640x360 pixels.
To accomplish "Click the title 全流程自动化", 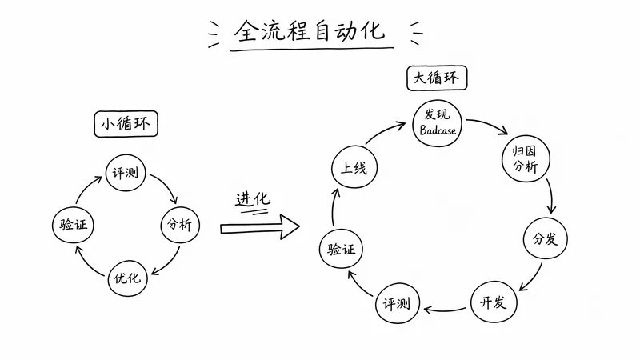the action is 310,31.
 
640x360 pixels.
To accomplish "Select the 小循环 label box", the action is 126,124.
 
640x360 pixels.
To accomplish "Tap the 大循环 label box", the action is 437,78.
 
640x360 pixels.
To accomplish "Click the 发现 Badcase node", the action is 437,123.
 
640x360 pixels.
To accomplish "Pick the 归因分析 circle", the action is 526,158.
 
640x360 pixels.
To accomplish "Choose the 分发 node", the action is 546,238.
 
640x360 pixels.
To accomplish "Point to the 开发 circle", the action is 494,302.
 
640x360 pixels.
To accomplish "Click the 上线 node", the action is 354,167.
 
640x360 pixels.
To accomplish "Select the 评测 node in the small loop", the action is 126,173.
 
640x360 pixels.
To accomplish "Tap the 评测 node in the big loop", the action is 397,303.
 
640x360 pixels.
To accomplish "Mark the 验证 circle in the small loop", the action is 73,225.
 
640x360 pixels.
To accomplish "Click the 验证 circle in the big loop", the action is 341,249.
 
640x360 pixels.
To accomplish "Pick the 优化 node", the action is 127,278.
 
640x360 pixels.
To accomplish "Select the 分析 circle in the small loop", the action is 180,225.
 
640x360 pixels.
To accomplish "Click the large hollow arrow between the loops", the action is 260,227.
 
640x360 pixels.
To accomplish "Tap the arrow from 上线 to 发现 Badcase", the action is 383,130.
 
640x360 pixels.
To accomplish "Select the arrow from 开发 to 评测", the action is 444,310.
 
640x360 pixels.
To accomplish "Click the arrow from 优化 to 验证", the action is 87,264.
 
